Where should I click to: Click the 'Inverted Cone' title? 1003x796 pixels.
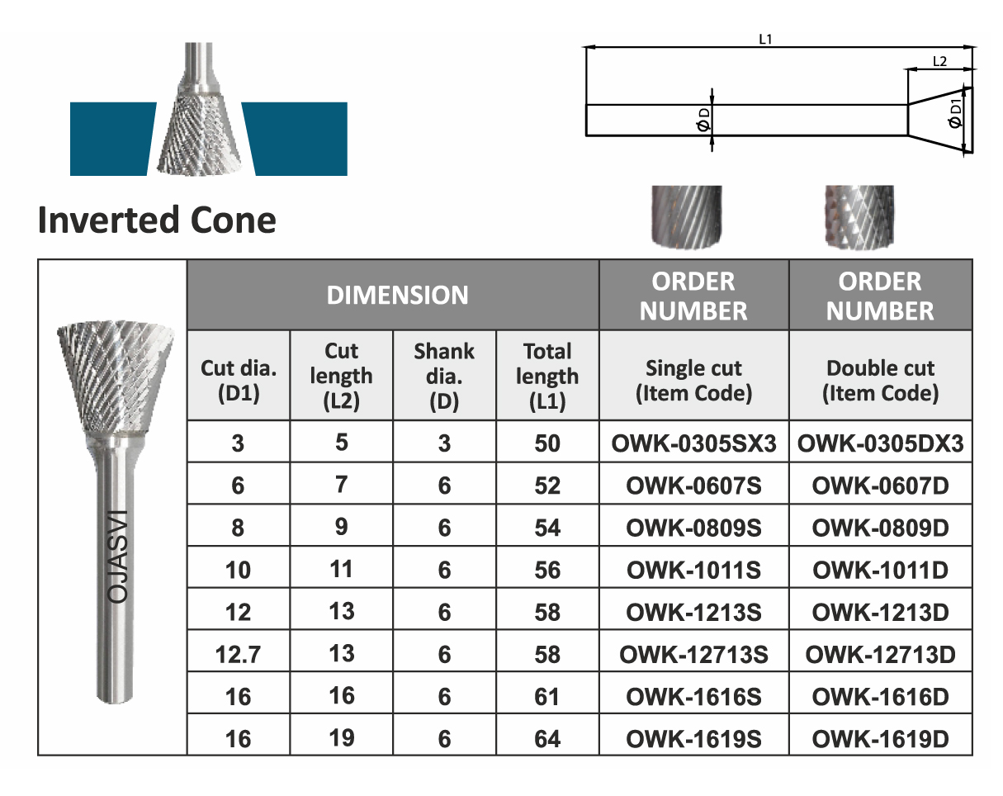point(157,220)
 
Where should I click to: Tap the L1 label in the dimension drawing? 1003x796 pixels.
point(766,39)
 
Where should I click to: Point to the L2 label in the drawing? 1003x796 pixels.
point(940,62)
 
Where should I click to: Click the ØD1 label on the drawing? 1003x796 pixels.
point(955,113)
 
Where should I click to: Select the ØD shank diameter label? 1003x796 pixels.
point(704,120)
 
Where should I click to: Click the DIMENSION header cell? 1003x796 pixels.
point(398,295)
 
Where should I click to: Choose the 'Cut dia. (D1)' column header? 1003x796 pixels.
point(239,381)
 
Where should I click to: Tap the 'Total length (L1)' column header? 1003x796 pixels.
point(547,377)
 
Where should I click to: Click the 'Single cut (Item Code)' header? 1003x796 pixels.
point(694,381)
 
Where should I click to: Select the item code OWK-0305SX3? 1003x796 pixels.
point(694,443)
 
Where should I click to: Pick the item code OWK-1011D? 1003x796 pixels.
point(881,570)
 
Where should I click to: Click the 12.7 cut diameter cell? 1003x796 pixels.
point(238,654)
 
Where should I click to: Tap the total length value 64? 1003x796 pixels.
point(547,739)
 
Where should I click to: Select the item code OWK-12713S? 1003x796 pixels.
point(694,654)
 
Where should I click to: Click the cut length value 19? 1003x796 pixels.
point(342,737)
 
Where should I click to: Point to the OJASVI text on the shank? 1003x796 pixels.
point(117,557)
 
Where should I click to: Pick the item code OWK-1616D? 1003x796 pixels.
point(881,697)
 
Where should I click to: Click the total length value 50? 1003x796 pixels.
point(547,443)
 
